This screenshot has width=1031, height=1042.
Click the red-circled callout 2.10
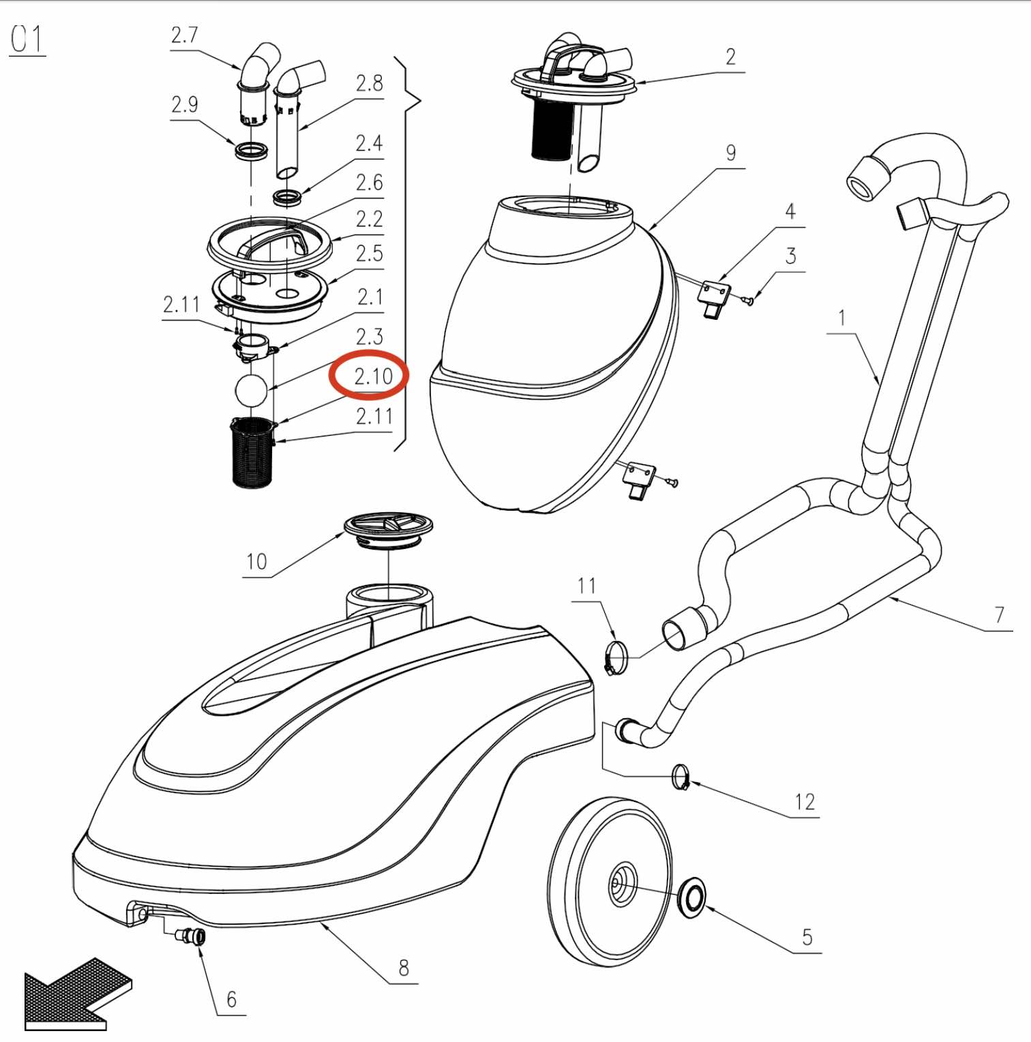click(x=373, y=376)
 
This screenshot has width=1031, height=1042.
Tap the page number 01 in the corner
click(x=27, y=39)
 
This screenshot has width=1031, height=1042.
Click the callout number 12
click(x=805, y=802)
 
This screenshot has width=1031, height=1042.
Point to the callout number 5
click(x=807, y=937)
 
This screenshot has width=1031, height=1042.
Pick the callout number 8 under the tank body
click(x=404, y=968)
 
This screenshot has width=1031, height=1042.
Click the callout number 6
click(x=231, y=999)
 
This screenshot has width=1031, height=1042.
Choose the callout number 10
click(x=256, y=561)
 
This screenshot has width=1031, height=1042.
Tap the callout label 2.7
click(x=184, y=35)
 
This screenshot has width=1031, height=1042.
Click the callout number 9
click(x=730, y=153)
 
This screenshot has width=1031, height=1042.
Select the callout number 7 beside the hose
click(x=999, y=614)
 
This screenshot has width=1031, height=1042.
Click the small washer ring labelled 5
click(x=691, y=897)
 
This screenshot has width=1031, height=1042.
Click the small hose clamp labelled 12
click(x=681, y=777)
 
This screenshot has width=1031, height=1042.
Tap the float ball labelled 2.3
click(x=251, y=390)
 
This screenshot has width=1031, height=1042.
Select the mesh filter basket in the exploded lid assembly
click(x=252, y=452)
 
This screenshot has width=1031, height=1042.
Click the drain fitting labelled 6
click(x=191, y=936)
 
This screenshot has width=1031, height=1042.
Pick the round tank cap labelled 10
click(x=388, y=531)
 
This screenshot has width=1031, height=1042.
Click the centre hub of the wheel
click(x=621, y=885)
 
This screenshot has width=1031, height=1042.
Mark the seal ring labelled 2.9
click(x=251, y=151)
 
